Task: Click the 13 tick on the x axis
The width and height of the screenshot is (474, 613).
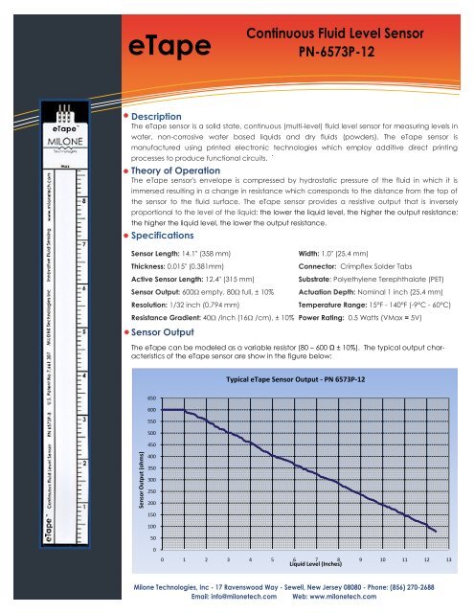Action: tap(448, 559)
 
